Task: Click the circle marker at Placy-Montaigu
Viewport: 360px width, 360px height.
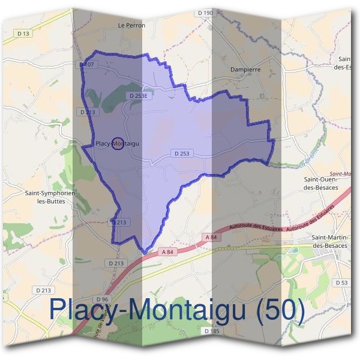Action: point(118,144)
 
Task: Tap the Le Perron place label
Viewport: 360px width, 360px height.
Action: point(132,25)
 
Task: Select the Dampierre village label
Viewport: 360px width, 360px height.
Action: point(245,70)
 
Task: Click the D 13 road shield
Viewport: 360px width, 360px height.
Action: point(23,34)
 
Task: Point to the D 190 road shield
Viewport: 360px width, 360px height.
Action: point(204,13)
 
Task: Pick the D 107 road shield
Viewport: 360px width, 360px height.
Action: point(87,64)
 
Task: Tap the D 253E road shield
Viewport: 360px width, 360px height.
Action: point(137,95)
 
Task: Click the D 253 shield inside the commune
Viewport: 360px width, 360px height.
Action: point(182,154)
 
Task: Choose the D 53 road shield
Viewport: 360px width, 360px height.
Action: point(341,282)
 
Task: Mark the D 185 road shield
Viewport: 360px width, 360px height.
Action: point(212,331)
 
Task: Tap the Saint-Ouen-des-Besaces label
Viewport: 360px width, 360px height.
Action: point(321,183)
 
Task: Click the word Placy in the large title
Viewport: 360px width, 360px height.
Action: point(82,310)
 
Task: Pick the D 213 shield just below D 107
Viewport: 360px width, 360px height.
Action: point(87,112)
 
